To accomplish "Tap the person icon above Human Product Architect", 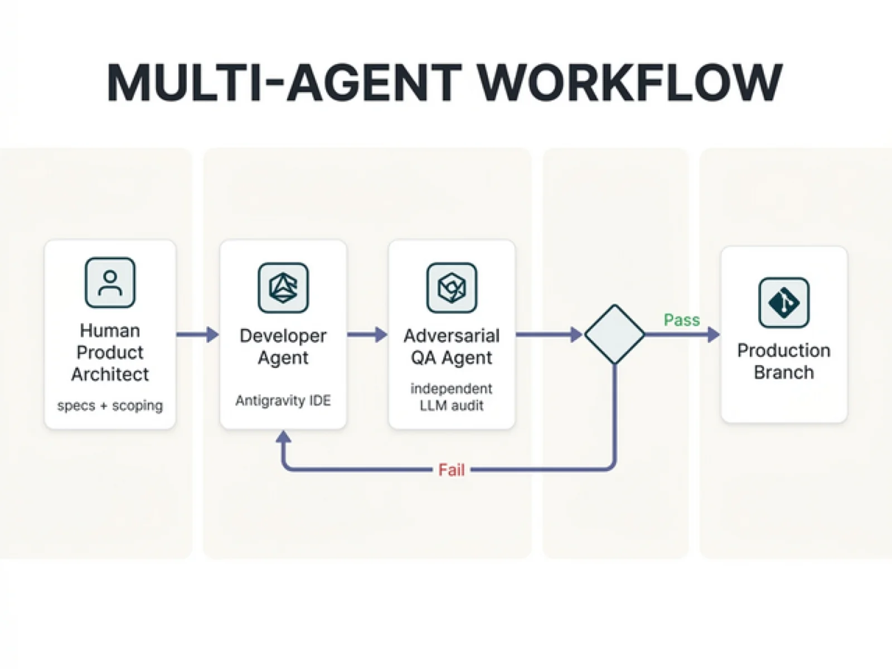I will (110, 283).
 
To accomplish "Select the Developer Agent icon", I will (283, 288).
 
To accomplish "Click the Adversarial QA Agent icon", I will (452, 288).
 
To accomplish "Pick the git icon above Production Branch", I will (784, 302).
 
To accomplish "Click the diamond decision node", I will (615, 334).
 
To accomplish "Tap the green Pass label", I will (681, 320).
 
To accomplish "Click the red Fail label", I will (451, 470).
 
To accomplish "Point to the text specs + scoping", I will (110, 405).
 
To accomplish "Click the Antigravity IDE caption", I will (283, 400).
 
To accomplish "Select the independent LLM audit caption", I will (452, 397).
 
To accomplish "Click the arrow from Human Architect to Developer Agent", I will (197, 334).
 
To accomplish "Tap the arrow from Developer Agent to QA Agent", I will (367, 334).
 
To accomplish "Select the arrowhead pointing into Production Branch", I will (714, 334).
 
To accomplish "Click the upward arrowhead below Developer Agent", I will (283, 437).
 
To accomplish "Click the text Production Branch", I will (784, 361).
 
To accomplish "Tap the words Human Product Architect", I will (110, 352).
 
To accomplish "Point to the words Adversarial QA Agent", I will (452, 346).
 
